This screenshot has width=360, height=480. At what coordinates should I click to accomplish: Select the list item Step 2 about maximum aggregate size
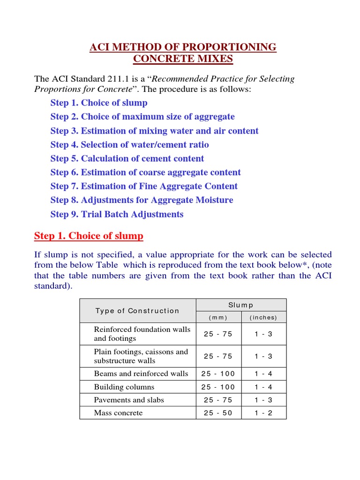(x=142, y=117)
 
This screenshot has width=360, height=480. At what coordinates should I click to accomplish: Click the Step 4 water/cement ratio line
(x=129, y=144)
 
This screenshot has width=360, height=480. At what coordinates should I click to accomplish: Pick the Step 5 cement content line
(x=127, y=158)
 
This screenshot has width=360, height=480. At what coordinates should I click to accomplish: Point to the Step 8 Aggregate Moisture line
(x=142, y=200)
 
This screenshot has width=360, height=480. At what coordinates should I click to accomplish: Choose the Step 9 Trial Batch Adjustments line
(x=117, y=214)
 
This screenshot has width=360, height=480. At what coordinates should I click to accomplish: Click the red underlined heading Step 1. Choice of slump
(x=89, y=236)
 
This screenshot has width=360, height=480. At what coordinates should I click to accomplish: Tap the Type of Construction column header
(x=137, y=311)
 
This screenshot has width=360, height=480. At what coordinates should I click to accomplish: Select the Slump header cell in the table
(x=240, y=305)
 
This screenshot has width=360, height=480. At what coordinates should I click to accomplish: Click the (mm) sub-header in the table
(x=218, y=317)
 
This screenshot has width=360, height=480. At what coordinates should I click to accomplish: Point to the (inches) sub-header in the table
(x=263, y=317)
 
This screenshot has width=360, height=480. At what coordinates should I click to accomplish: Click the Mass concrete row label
(x=118, y=413)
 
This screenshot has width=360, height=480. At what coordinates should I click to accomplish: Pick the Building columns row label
(x=124, y=387)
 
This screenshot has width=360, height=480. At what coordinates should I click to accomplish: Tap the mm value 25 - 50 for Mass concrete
(x=218, y=413)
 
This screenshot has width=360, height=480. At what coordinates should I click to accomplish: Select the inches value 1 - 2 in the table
(x=263, y=413)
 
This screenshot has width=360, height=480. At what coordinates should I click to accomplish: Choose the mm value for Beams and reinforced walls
(x=218, y=374)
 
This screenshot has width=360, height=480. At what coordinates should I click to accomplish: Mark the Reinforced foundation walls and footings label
(x=142, y=334)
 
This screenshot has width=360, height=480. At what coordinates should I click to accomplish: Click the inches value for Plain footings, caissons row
(x=263, y=356)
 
